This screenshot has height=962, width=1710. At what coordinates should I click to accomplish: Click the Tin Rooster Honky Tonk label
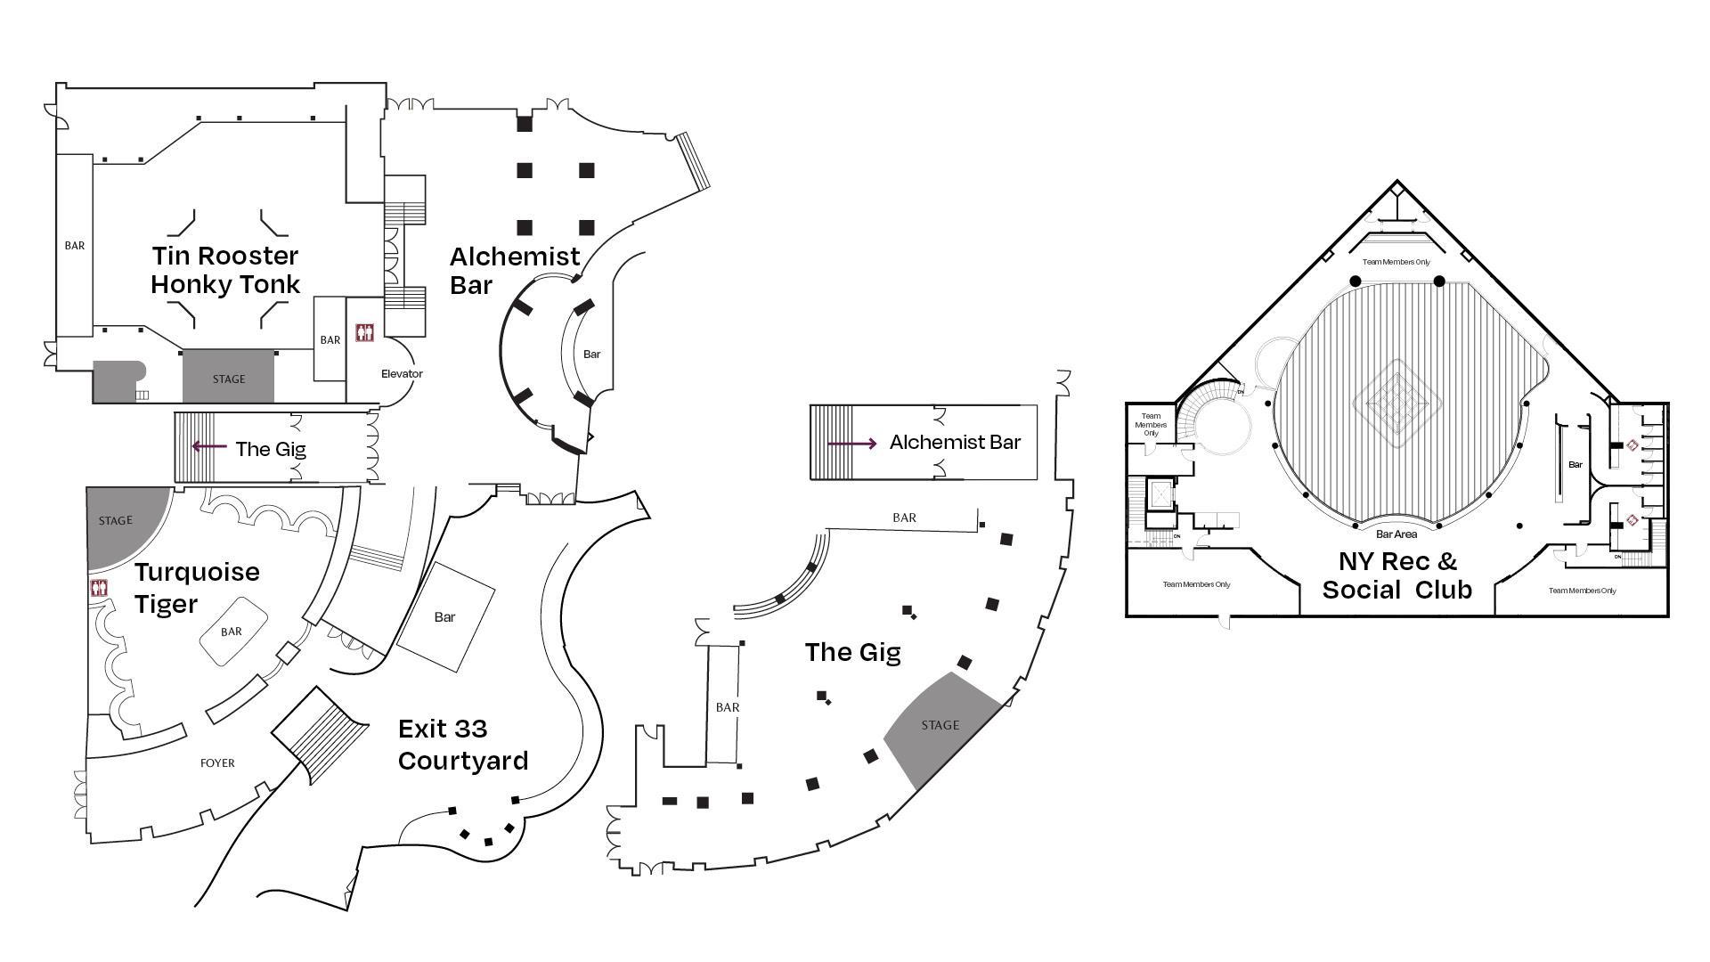pos(225,270)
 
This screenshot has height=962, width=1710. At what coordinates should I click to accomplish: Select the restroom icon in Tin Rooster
pos(364,332)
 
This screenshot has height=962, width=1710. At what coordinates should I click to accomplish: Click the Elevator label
pos(402,374)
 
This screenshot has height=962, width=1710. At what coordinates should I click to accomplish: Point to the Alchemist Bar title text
pos(514,271)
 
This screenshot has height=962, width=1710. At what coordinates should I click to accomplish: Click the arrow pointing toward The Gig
pos(209,446)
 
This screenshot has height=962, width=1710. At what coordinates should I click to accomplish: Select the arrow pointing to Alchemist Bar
pos(852,443)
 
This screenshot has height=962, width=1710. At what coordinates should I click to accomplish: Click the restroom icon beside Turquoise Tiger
pos(100,588)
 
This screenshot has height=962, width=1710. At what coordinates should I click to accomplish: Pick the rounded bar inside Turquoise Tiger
pos(232,632)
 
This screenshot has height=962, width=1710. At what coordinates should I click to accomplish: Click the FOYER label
pos(217,763)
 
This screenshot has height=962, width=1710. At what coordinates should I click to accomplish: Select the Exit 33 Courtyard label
pos(462,745)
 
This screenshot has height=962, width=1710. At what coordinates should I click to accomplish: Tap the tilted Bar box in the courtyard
pos(445,616)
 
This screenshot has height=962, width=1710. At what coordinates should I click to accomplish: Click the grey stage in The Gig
pos(940,726)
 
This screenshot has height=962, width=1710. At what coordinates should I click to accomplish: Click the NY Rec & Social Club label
pos(1396,575)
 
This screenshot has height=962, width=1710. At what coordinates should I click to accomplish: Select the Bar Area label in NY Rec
pos(1396,534)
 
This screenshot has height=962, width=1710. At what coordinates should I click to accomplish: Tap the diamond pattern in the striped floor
pos(1396,404)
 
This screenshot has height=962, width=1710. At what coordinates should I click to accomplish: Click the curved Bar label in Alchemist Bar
pos(592,355)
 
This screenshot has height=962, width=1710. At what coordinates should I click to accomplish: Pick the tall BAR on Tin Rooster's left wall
pos(75,245)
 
